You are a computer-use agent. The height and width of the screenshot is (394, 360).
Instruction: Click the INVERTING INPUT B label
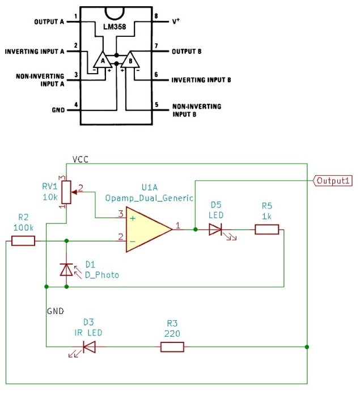click(x=201, y=81)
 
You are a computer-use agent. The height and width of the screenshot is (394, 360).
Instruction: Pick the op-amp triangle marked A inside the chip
click(x=103, y=60)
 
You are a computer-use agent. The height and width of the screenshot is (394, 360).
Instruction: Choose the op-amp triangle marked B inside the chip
click(x=130, y=60)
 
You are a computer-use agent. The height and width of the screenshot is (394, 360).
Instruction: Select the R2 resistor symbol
click(x=23, y=241)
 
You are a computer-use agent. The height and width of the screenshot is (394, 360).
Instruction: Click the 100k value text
click(x=23, y=227)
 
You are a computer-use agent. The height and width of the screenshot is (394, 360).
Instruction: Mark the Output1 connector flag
click(x=333, y=181)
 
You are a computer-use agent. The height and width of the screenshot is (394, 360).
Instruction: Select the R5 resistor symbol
click(x=266, y=229)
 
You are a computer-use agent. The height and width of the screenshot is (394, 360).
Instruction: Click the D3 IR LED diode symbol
click(x=88, y=346)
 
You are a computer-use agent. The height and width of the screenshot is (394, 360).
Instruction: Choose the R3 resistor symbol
click(x=172, y=346)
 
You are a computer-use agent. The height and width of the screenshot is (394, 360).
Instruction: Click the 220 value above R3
click(x=172, y=333)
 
